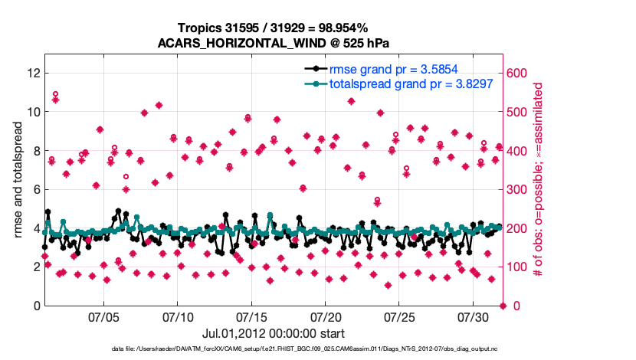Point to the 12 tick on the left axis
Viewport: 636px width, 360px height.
(x=33, y=73)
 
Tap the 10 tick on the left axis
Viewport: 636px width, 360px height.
(x=33, y=112)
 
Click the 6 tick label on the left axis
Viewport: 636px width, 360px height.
(x=35, y=189)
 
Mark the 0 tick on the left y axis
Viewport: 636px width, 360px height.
(x=35, y=306)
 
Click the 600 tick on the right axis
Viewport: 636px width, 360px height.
(x=518, y=73)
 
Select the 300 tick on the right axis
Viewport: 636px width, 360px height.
(x=518, y=189)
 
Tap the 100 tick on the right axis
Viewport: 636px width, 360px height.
(x=518, y=267)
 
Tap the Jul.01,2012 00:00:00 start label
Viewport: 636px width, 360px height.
(x=273, y=333)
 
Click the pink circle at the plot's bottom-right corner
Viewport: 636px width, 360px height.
(x=503, y=306)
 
